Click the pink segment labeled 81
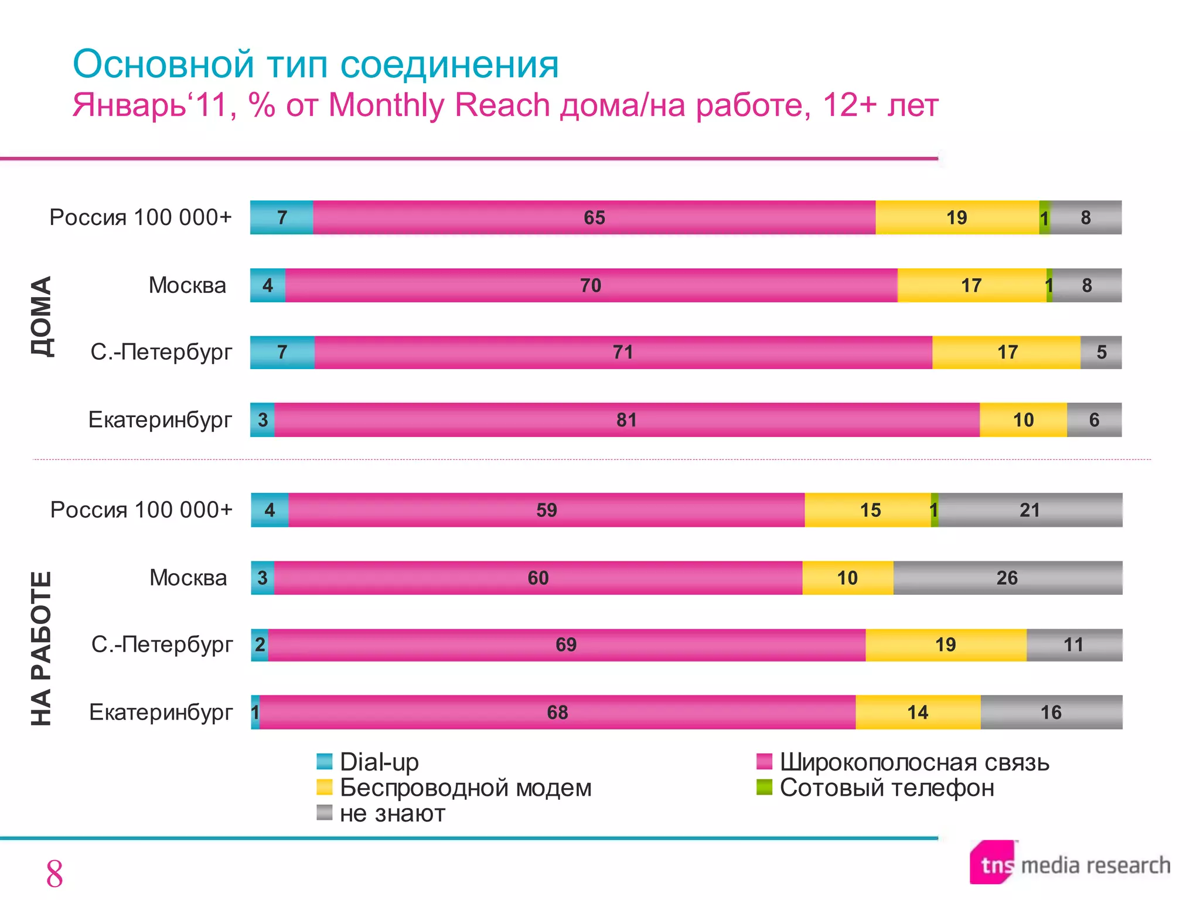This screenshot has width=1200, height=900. pyautogui.click(x=626, y=420)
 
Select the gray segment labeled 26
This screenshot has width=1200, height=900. pyautogui.click(x=1007, y=578)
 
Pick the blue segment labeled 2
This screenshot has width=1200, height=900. pyautogui.click(x=260, y=645)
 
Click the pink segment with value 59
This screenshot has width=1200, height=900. pyautogui.click(x=546, y=510)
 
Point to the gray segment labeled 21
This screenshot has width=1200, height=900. pyautogui.click(x=1029, y=510)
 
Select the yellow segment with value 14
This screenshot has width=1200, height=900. pyautogui.click(x=918, y=712)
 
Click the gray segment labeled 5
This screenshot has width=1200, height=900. pyautogui.click(x=1101, y=352)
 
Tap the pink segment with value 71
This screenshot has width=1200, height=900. pyautogui.click(x=623, y=352)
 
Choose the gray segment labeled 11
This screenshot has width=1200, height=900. pyautogui.click(x=1073, y=645)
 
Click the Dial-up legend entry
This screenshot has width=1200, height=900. pyautogui.click(x=369, y=762)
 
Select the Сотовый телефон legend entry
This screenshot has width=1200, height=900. pyautogui.click(x=876, y=787)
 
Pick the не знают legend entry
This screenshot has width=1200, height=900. pyautogui.click(x=381, y=813)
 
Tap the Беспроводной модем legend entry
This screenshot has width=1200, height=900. pyautogui.click(x=454, y=787)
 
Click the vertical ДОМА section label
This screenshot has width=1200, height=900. pyautogui.click(x=42, y=316)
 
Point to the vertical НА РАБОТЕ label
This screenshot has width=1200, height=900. pyautogui.click(x=42, y=648)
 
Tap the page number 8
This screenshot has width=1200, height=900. pyautogui.click(x=54, y=874)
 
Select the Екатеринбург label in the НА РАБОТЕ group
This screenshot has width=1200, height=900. pyautogui.click(x=161, y=712)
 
